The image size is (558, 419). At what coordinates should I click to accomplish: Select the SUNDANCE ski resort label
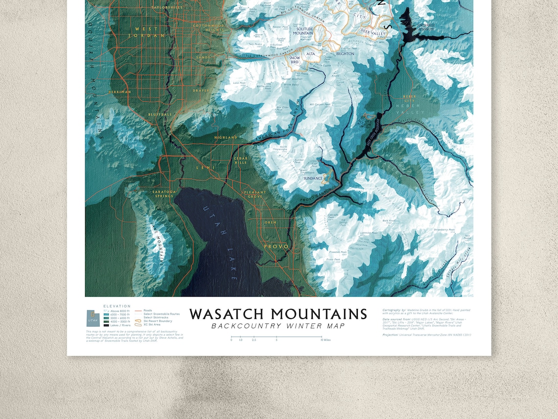click(x=313, y=178)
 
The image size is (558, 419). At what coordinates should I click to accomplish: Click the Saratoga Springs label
click(x=164, y=194)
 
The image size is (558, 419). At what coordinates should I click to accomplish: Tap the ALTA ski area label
click(x=310, y=54)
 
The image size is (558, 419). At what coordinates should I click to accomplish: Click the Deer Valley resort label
click(x=373, y=33)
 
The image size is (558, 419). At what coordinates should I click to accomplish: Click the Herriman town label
click(x=120, y=92)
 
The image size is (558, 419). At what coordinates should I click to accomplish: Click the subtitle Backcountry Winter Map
click(x=278, y=326)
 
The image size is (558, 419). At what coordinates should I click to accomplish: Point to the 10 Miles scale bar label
click(x=325, y=340)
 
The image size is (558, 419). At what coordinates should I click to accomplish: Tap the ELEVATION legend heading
click(x=117, y=306)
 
